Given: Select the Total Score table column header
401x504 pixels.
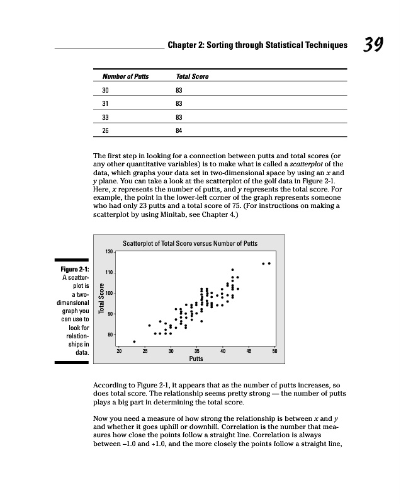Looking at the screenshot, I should coord(192,77).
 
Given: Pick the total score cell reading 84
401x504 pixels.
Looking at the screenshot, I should coord(179,131).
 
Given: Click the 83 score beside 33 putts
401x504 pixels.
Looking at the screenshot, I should coord(179,117).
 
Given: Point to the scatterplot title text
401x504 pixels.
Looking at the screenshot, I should coord(189,243).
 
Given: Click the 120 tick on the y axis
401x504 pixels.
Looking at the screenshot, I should coord(109,252).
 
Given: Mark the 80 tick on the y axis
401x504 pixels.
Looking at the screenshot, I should coord(110,335).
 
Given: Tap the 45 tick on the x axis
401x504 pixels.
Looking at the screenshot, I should coord(249,351).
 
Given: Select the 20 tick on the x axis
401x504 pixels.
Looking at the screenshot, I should coord(119,351).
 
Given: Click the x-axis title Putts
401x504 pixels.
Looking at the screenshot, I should coord(196,358).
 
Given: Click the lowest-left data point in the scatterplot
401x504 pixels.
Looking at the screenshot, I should coord(134,341).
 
